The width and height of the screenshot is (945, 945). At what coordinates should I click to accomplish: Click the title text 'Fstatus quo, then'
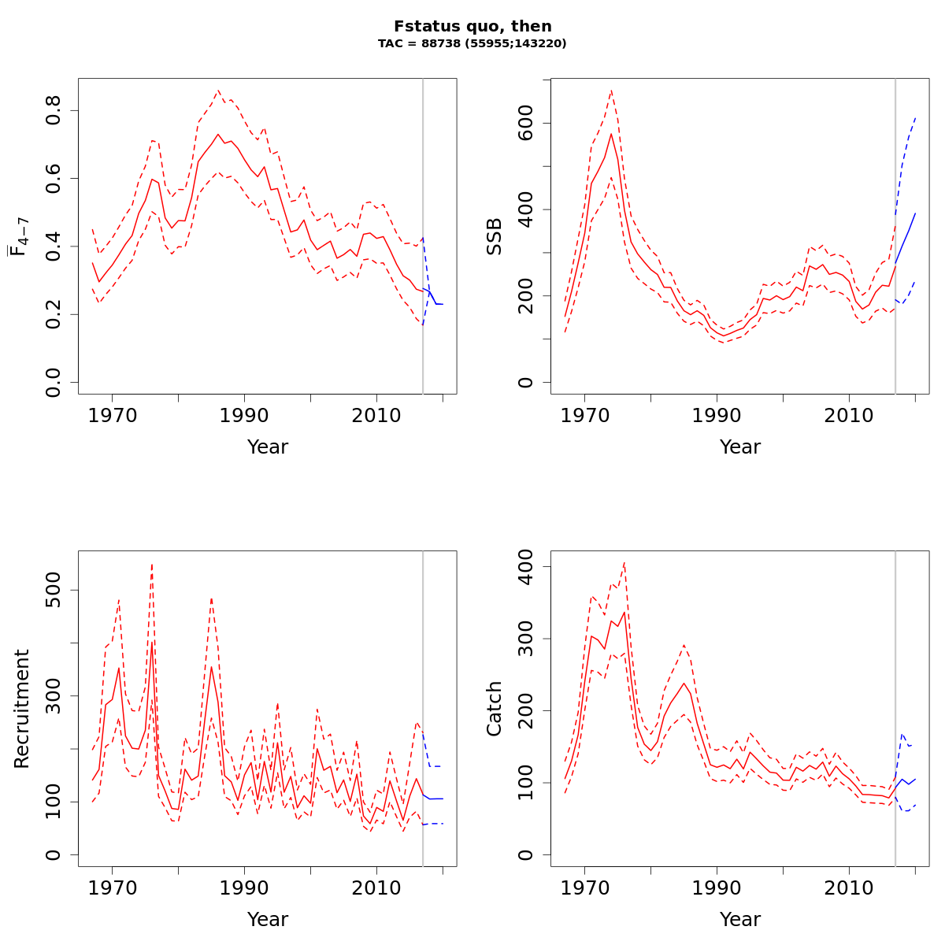472,27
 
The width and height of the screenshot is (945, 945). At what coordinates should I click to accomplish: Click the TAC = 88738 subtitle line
472,44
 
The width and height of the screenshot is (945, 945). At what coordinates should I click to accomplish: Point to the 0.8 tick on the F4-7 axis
53,110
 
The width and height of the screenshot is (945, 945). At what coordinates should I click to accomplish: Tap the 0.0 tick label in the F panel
53,382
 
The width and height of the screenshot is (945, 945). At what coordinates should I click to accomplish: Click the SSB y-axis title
494,236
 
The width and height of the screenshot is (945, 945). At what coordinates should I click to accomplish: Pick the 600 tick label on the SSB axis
525,124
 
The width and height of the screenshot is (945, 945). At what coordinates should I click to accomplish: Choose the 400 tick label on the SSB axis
525,209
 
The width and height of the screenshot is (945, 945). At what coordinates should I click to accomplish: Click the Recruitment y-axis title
21,709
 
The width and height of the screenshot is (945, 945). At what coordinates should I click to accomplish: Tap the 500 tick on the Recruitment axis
53,590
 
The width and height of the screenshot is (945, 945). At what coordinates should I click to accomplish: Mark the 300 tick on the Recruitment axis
53,695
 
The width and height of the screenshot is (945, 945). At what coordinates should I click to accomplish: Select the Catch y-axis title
494,709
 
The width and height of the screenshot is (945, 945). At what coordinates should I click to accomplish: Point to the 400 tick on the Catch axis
525,567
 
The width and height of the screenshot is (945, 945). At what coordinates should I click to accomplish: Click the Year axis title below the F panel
268,447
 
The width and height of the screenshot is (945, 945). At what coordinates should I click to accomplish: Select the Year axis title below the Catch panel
740,920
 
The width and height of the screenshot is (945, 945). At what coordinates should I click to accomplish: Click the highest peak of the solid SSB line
611,133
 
